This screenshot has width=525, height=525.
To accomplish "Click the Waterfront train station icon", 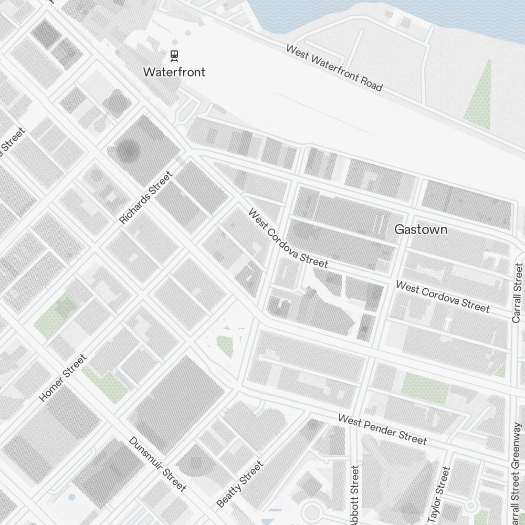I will [174, 55].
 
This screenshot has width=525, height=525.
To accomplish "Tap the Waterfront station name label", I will [174, 72].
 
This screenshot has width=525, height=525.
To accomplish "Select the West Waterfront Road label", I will [334, 67].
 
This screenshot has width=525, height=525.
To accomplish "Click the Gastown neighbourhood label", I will [421, 229].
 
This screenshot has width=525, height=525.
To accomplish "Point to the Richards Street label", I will [145, 198].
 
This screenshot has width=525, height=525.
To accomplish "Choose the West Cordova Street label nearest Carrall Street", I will [442, 297].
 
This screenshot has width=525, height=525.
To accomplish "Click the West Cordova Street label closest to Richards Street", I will [288, 238].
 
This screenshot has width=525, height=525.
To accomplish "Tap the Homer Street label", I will [62, 378].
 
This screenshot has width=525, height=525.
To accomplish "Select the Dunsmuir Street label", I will [157, 465].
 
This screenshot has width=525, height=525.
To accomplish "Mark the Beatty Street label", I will [239, 485].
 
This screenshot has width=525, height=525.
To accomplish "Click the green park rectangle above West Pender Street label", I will [425, 385].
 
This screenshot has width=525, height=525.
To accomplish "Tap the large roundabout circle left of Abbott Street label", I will [311, 512].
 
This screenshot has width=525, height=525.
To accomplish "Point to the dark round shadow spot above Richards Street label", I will [128, 152].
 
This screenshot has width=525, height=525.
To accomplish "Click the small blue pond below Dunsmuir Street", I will [72, 496].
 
